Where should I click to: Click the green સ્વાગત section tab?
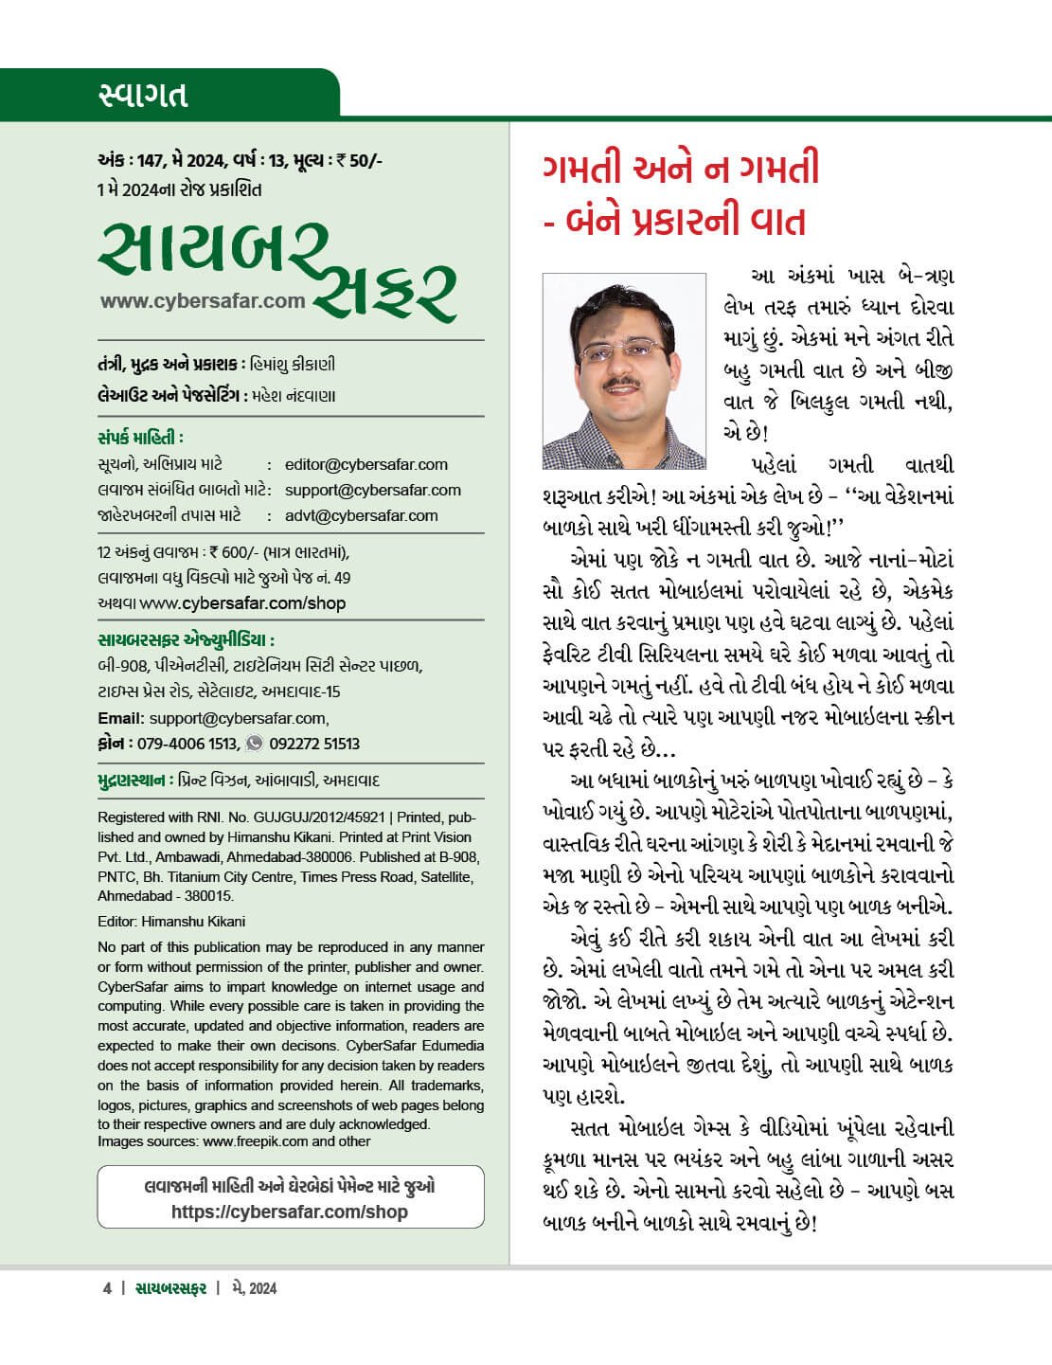point(143,95)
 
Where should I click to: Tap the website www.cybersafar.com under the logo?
point(203,301)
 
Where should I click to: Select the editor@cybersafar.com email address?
point(366,464)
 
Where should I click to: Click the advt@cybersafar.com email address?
point(361,515)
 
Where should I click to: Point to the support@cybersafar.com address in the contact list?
point(372,490)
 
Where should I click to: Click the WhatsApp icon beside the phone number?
point(254,744)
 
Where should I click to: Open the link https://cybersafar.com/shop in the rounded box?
point(290,1212)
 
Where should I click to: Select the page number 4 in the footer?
point(106,1288)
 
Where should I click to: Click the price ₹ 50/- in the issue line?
point(363,160)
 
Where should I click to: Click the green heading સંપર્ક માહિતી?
point(140,438)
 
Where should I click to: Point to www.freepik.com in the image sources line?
point(255,1141)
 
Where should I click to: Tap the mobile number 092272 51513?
point(314,744)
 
